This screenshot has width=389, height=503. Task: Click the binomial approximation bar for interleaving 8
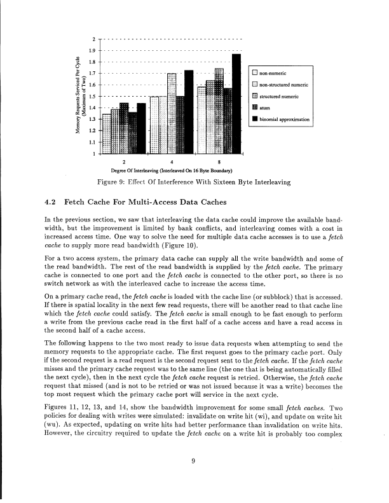(236, 104)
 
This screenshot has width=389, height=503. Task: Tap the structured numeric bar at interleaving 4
(172, 114)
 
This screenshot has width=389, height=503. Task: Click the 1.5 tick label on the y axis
(93, 97)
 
